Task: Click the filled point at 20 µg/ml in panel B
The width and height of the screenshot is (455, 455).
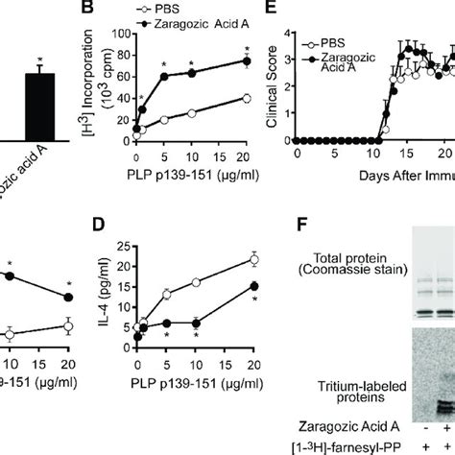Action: coord(247,61)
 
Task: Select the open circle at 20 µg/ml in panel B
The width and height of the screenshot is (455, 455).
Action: coord(247,98)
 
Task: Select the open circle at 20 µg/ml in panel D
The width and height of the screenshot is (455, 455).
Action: coord(253,258)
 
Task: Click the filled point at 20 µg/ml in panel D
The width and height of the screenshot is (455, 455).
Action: coord(253,285)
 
